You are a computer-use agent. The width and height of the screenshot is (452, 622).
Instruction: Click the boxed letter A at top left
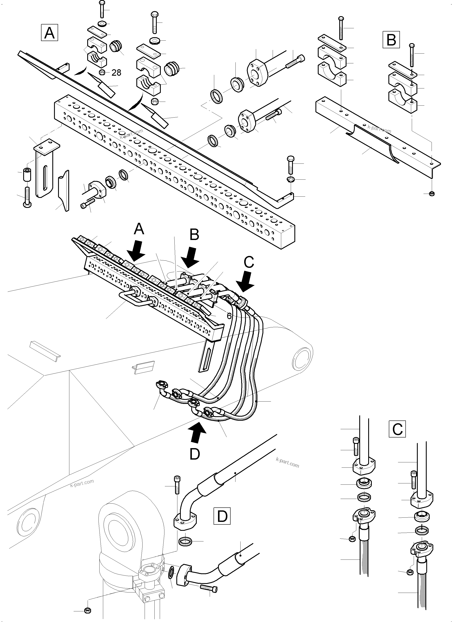(x=49, y=33)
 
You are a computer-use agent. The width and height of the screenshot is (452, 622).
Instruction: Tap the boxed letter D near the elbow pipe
(x=222, y=516)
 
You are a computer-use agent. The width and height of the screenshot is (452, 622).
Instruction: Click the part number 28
(x=116, y=73)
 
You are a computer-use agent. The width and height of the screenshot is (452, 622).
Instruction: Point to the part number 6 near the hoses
(x=229, y=316)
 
